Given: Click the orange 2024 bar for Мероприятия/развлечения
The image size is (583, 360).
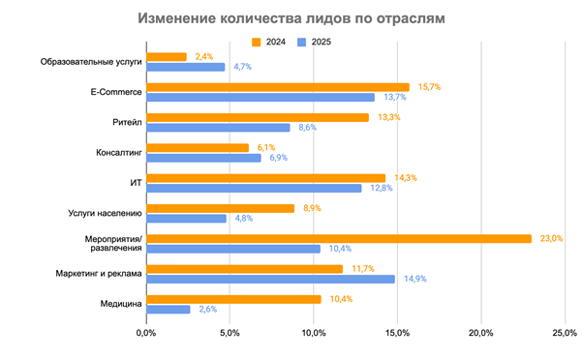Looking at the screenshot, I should click(339, 238).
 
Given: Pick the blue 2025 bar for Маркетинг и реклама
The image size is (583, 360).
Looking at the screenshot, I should click(270, 279).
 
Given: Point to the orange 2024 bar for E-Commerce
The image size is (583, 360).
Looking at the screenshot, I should click(277, 87).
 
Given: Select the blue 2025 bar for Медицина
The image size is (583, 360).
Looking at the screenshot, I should click(168, 309).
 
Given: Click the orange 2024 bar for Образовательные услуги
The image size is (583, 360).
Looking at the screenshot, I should click(166, 57).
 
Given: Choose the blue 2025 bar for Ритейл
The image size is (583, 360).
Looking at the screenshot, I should click(218, 128).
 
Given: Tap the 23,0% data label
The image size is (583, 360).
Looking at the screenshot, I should click(551, 238).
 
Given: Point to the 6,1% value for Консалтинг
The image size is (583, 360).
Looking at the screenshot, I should click(266, 147).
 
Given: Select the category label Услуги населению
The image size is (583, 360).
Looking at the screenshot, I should click(107, 212).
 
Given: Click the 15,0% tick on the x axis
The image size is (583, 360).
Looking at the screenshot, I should click(397, 333).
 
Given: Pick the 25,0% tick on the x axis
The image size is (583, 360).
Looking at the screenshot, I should click(564, 333).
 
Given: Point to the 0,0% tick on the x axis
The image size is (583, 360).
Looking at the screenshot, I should click(146, 333).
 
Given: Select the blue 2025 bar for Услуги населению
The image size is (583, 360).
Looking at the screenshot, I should click(186, 219).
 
